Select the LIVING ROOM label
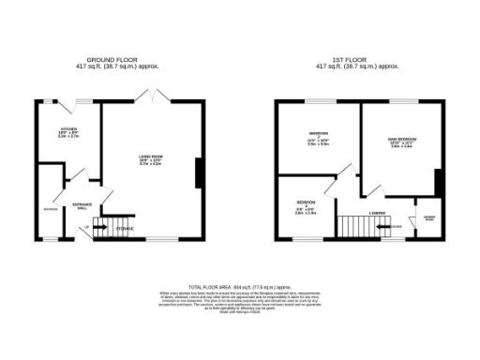point(150,159)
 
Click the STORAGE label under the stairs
point(124,228)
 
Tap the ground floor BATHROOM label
point(49,208)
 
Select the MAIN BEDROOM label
point(401,142)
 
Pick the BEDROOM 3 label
point(307,206)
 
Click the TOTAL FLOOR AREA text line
point(240,286)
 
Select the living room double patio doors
point(147,94)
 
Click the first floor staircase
point(355,226)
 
